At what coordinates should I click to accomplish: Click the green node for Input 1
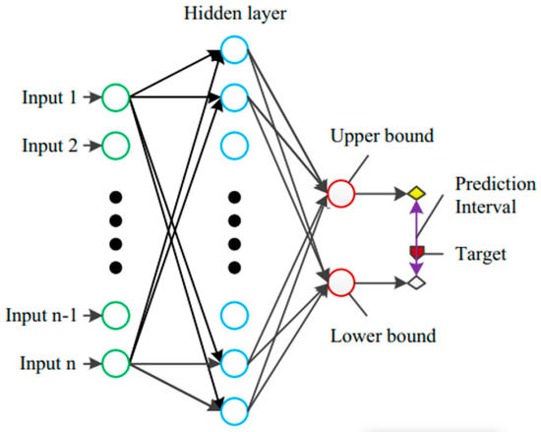(x=116, y=97)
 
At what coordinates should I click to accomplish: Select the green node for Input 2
(x=116, y=146)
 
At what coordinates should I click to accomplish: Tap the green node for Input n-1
(x=116, y=316)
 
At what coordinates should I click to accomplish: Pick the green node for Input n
(x=116, y=363)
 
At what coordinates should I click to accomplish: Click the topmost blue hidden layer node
(x=235, y=49)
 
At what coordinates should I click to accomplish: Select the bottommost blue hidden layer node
(x=235, y=408)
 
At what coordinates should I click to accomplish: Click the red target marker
(x=416, y=252)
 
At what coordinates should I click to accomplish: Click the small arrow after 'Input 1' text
(x=89, y=97)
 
